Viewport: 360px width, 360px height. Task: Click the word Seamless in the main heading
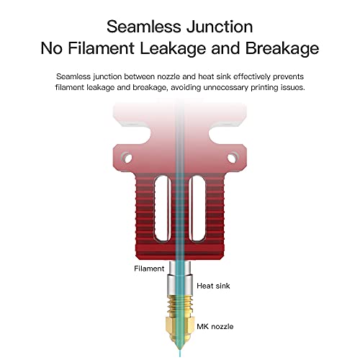click(x=144, y=27)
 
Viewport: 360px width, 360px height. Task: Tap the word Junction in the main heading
click(x=220, y=27)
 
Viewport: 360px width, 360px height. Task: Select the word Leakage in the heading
click(x=173, y=49)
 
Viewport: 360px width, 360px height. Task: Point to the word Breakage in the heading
click(x=282, y=49)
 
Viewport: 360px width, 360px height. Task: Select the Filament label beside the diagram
click(x=149, y=269)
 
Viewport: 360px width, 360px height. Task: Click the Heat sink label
click(x=213, y=286)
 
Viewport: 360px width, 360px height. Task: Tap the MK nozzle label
click(x=215, y=326)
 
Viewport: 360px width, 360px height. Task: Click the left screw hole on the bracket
click(x=127, y=158)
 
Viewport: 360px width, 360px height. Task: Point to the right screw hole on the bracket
click(x=232, y=158)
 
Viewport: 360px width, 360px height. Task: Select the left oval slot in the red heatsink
click(x=163, y=209)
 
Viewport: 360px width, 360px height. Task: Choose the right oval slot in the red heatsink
click(x=197, y=209)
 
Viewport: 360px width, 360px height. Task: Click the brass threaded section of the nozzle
click(x=180, y=305)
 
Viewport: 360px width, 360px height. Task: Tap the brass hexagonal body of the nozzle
click(x=180, y=328)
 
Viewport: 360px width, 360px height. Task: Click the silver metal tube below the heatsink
click(x=180, y=278)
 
